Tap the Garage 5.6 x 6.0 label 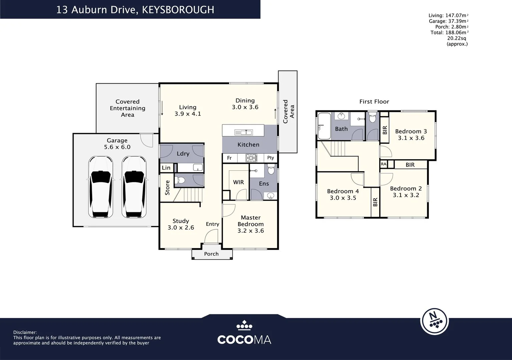click(117, 144)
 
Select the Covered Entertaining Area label click(127, 108)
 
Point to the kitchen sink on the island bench click(243, 132)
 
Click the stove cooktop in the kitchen click(251, 158)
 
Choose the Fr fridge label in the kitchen click(229, 158)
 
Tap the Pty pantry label click(270, 158)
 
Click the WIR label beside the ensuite click(238, 182)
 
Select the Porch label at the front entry click(211, 254)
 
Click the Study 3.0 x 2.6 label click(181, 224)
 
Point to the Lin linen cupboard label click(166, 168)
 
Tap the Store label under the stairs click(167, 187)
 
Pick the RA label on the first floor click(384, 164)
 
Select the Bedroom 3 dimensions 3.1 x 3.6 click(411, 138)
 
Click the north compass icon click(434, 320)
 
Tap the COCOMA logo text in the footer click(244, 340)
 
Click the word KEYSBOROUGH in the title click(178, 10)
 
